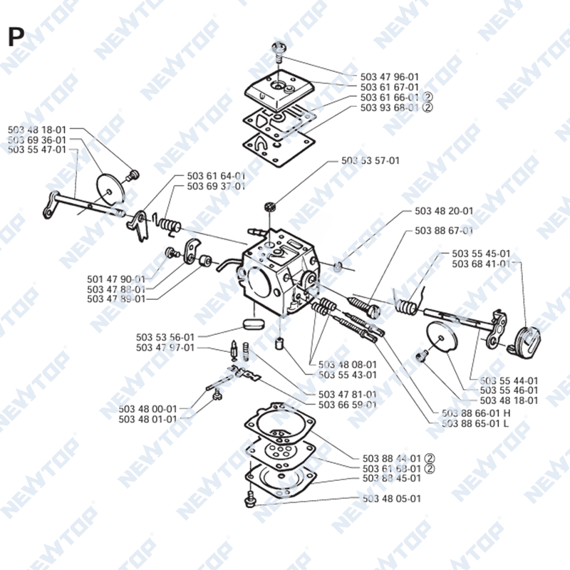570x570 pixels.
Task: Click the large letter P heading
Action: tap(16, 37)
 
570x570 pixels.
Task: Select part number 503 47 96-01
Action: tap(389, 77)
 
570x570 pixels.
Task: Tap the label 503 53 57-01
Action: tap(370, 160)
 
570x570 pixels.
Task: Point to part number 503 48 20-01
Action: tap(444, 211)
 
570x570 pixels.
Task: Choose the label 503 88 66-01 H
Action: tap(476, 413)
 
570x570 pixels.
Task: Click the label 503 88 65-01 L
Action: tap(475, 423)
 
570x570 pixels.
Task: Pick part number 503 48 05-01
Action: tap(391, 498)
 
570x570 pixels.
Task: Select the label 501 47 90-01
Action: tap(116, 279)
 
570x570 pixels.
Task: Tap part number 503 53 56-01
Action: tap(165, 337)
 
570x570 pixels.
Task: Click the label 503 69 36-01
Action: tap(37, 140)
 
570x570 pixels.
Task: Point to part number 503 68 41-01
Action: tap(481, 264)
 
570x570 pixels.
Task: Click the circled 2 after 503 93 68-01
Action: tap(428, 108)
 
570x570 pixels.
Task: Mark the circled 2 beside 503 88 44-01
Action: tap(430, 458)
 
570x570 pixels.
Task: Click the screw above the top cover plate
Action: tap(279, 51)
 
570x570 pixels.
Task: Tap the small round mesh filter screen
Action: tap(270, 207)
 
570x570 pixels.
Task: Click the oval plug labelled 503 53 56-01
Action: tap(253, 324)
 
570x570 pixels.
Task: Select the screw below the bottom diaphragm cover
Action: tap(250, 499)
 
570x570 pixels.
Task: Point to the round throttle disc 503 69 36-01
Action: tap(110, 189)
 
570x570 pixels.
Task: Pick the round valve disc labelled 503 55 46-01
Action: tap(442, 337)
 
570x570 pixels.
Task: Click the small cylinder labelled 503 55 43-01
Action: tap(279, 343)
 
